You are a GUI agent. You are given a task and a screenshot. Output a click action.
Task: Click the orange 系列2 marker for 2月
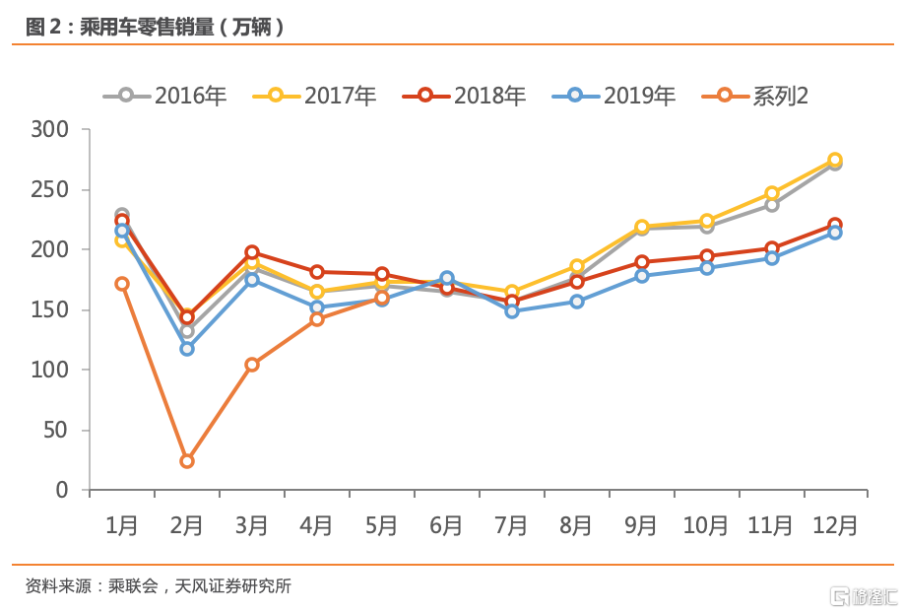pyautogui.click(x=187, y=461)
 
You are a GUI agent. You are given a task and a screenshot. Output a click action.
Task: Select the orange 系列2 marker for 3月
pyautogui.click(x=252, y=365)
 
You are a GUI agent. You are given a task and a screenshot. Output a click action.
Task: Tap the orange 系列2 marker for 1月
pyautogui.click(x=122, y=284)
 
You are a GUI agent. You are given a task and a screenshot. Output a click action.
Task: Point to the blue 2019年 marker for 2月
pyautogui.click(x=187, y=349)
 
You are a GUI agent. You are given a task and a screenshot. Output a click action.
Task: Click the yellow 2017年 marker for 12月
pyautogui.click(x=835, y=160)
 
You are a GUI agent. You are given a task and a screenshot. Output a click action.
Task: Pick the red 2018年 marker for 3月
pyautogui.click(x=252, y=252)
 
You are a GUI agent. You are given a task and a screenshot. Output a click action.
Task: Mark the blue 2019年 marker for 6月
pyautogui.click(x=447, y=278)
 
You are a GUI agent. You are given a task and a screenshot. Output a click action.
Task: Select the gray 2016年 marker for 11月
pyautogui.click(x=772, y=205)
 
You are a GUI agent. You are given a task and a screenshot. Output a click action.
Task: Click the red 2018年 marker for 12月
pyautogui.click(x=835, y=225)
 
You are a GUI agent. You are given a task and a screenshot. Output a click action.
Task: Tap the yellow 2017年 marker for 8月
pyautogui.click(x=577, y=266)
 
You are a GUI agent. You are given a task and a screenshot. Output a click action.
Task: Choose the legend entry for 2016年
pyautogui.click(x=165, y=96)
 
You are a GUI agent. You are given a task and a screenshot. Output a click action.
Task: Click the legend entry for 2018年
pyautogui.click(x=465, y=96)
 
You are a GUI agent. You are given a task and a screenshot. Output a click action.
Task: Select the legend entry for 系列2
pyautogui.click(x=756, y=96)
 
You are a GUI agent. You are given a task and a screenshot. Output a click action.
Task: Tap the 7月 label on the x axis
pyautogui.click(x=511, y=525)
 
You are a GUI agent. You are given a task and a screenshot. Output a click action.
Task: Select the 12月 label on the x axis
pyautogui.click(x=835, y=525)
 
